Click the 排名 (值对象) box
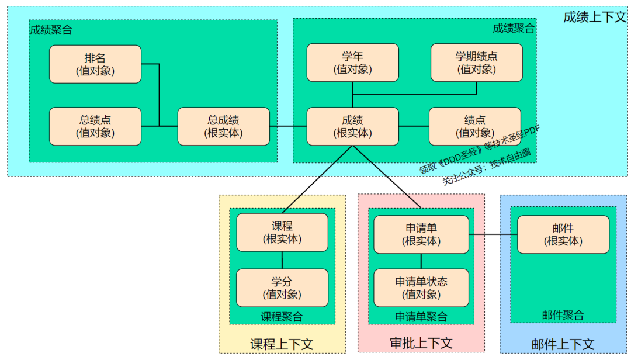point(95,64)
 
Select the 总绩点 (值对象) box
point(95,126)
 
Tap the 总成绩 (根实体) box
point(223,126)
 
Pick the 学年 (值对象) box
point(352,63)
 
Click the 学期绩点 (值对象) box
point(476,63)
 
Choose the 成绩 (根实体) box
point(352,126)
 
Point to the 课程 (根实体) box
point(282,232)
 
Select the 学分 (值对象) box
point(282,288)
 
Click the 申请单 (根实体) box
point(421,234)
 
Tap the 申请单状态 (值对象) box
point(421,288)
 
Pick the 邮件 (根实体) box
point(563,234)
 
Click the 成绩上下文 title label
point(594,17)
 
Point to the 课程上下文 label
point(282,344)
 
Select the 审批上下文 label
point(421,342)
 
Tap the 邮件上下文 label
point(563,344)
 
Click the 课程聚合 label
point(282,317)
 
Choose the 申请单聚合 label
point(421,317)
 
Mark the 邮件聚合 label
point(563,316)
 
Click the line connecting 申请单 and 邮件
point(493,234)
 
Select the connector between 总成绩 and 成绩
point(288,126)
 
